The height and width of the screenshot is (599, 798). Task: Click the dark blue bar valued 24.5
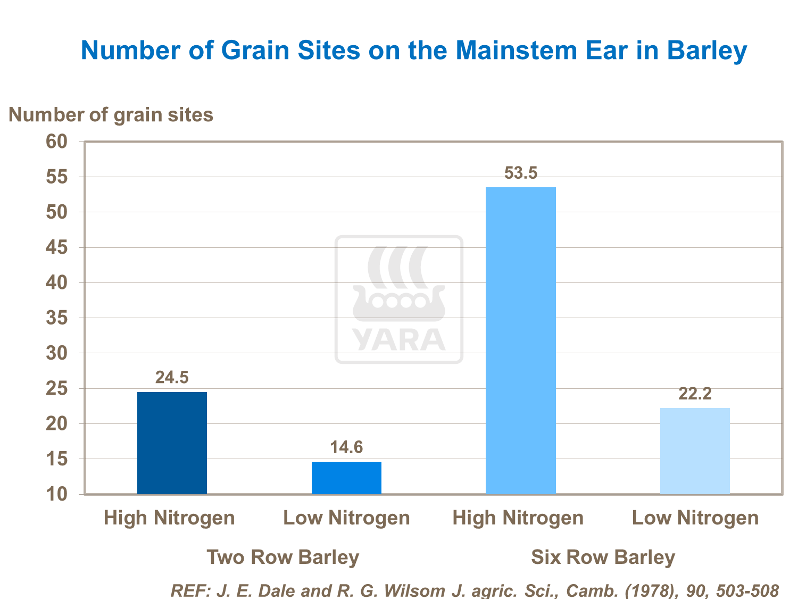coord(172,443)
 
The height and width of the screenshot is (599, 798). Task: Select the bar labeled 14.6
coord(346,478)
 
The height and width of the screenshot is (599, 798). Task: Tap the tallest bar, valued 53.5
coord(521,340)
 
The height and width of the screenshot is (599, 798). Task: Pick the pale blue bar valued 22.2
coord(695,451)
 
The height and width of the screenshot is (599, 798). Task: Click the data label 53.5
coord(521,173)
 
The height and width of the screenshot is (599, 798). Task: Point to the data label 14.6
coord(346,447)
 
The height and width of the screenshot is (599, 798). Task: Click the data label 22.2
coord(695,394)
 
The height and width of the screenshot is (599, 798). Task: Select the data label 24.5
coord(172,377)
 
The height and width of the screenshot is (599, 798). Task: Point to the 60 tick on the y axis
coord(57,142)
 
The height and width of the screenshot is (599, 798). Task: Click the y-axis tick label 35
coord(57,318)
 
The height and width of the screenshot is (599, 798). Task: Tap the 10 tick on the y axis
coord(57,494)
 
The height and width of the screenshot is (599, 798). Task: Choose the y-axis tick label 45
coord(57,247)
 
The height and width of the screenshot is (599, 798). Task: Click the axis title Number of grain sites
coord(111,114)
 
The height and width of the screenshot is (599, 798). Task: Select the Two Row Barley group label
coord(282,557)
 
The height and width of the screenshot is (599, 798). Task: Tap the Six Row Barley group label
coord(603,557)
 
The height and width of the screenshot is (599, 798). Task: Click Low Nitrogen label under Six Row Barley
coord(695,518)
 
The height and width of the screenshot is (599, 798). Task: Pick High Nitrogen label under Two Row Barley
coord(169,518)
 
